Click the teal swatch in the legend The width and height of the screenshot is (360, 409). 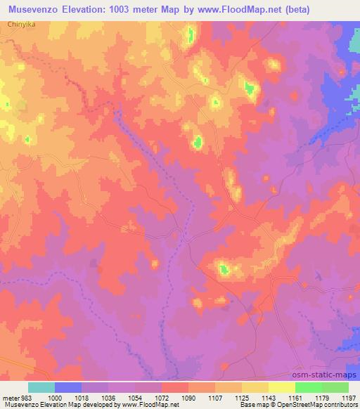tap(41, 387)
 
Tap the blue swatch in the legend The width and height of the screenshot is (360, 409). tap(68, 387)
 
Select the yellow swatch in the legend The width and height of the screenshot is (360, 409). tap(281, 387)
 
